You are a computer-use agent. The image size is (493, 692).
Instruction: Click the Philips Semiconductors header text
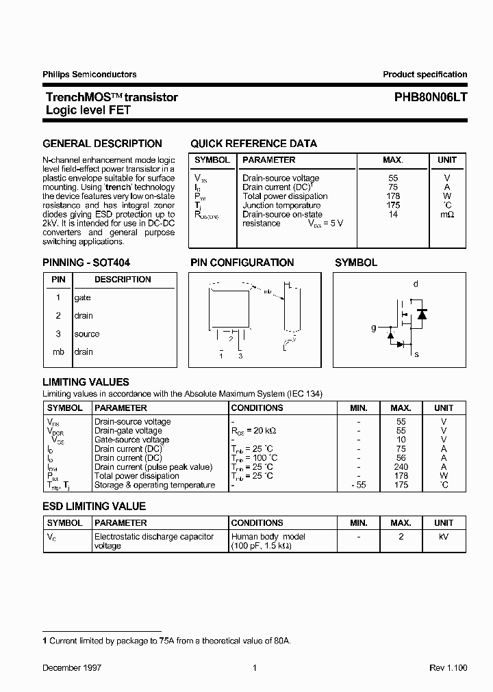[90, 75]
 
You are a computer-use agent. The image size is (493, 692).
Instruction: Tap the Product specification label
[425, 75]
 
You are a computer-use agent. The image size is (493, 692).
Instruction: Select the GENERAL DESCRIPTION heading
[103, 144]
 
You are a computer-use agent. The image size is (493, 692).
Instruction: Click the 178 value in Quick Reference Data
[393, 196]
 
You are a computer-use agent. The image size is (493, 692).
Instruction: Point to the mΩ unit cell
[446, 215]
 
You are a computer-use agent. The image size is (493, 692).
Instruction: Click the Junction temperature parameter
[281, 205]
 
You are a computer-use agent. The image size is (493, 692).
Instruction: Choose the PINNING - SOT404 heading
[86, 263]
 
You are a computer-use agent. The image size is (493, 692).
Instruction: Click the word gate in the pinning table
[83, 298]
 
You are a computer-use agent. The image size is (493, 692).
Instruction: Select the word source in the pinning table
[87, 334]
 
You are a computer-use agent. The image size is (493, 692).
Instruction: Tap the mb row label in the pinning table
[58, 352]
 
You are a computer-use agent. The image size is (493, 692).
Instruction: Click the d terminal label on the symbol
[416, 284]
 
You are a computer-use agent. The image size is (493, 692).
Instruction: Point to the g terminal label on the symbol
[374, 328]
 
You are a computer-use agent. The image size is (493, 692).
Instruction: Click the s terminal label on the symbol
[416, 354]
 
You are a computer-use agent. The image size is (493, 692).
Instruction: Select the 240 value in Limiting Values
[401, 467]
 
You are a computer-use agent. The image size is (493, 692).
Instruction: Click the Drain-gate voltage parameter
[128, 431]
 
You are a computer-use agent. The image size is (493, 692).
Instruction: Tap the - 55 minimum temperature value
[358, 485]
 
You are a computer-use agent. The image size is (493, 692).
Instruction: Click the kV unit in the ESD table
[444, 537]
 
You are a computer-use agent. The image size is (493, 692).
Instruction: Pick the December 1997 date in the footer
[72, 667]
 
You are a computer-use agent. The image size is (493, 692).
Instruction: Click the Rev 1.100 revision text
[448, 667]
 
